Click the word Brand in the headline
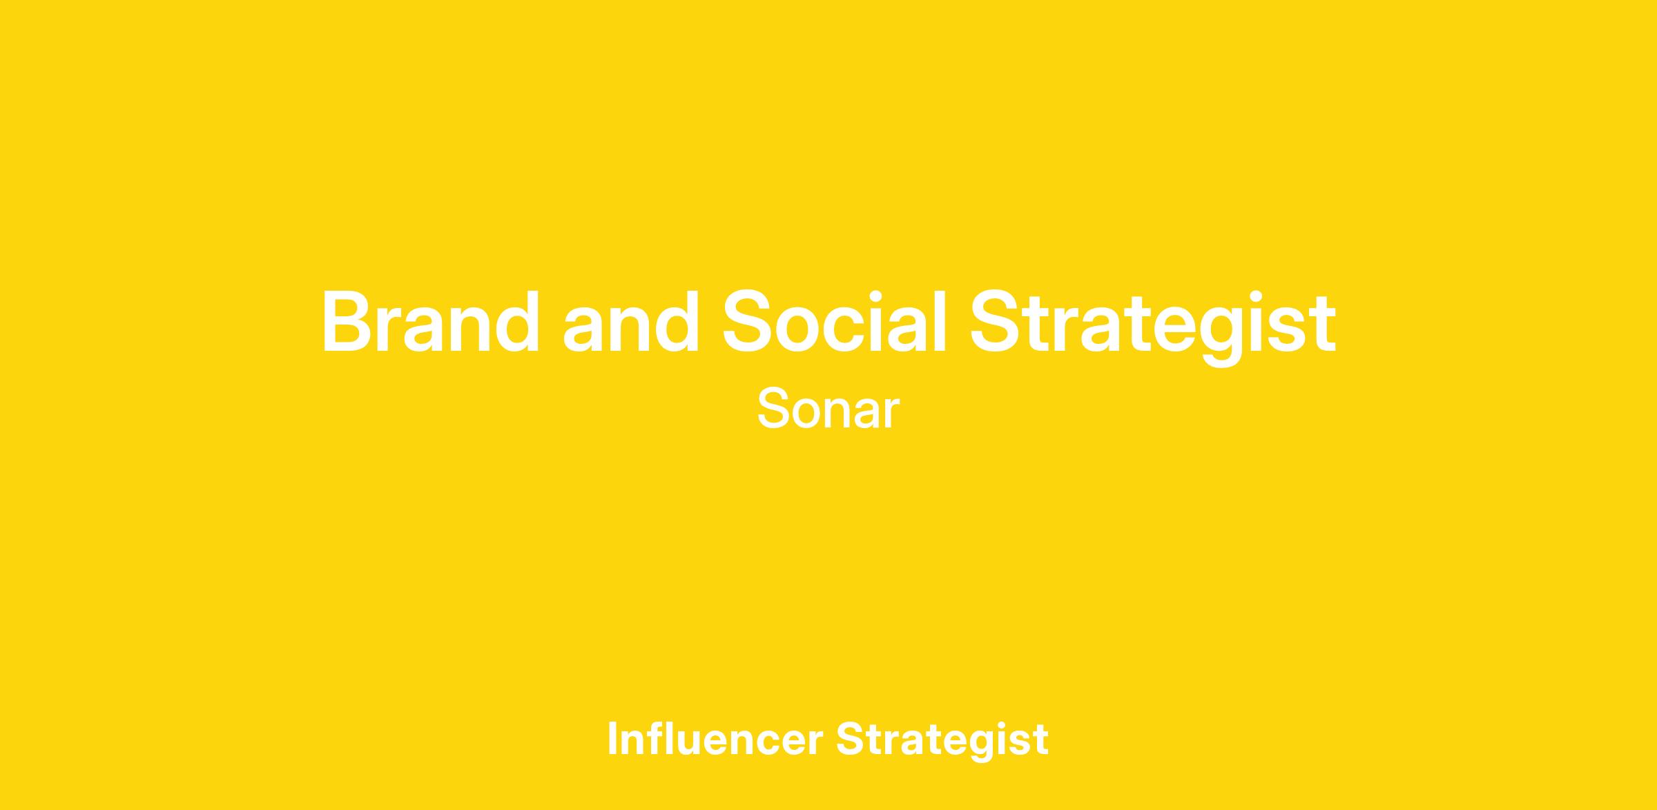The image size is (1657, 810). pyautogui.click(x=431, y=322)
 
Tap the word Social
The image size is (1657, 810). pyautogui.click(x=833, y=322)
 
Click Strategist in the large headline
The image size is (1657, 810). pyautogui.click(x=1152, y=327)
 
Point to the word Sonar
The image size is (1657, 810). pyautogui.click(x=828, y=409)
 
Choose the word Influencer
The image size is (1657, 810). pyautogui.click(x=715, y=738)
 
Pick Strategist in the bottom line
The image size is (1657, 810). pyautogui.click(x=942, y=741)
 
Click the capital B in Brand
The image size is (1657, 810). pyautogui.click(x=351, y=322)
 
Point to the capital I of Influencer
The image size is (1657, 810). pyautogui.click(x=612, y=738)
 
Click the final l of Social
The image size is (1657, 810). pyautogui.click(x=938, y=322)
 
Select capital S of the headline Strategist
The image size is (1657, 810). pyautogui.click(x=999, y=322)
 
